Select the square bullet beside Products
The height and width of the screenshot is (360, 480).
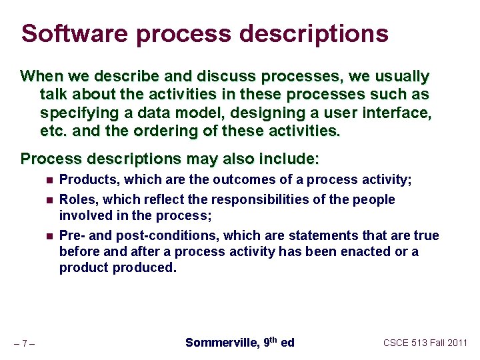[50, 180]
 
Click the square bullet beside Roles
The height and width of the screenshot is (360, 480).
[50, 200]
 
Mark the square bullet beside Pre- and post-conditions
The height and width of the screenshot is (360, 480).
[50, 236]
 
